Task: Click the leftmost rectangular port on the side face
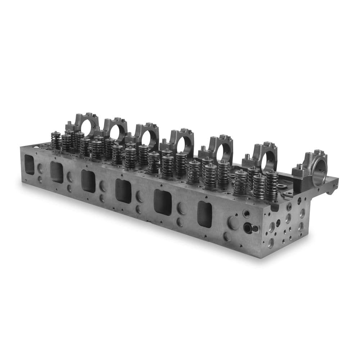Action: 29,165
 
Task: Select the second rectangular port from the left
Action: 57,172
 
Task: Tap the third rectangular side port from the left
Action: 88,181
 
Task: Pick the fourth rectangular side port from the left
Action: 123,191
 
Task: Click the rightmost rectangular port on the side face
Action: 204,214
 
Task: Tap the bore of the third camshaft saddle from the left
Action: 146,138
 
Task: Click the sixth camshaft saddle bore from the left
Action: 268,161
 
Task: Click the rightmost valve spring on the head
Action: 272,185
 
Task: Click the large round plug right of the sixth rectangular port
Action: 232,223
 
